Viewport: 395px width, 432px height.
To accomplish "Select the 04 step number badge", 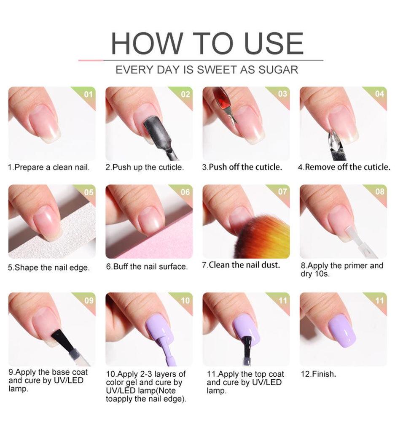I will (379, 94).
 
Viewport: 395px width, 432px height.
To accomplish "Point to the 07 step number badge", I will (282, 192).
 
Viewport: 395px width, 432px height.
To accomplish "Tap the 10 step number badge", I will (185, 300).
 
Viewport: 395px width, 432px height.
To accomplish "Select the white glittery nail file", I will (63, 240).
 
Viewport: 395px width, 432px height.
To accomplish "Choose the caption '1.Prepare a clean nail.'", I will (49, 167).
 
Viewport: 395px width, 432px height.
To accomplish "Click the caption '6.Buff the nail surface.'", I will (146, 266).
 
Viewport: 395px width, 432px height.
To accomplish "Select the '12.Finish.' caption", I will (318, 374).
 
